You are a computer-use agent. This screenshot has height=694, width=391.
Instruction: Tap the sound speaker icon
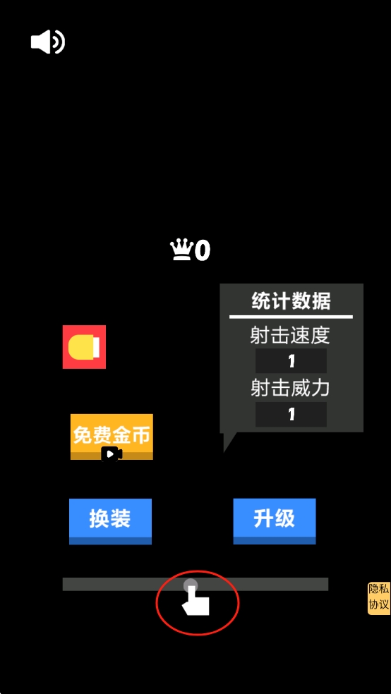(x=48, y=42)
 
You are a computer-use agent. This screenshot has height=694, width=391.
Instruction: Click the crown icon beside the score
(x=182, y=250)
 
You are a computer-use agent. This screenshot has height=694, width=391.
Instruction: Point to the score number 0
(x=203, y=251)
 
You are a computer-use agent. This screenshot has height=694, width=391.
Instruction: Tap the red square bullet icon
(x=84, y=346)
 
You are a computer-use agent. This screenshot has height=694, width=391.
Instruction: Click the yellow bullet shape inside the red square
(x=84, y=347)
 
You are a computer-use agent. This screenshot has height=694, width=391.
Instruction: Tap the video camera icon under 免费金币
(x=112, y=454)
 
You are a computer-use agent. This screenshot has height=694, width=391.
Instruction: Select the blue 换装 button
(x=110, y=521)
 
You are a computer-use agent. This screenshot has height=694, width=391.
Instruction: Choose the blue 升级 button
(x=275, y=521)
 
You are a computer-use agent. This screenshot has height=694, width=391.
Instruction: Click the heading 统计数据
(x=291, y=302)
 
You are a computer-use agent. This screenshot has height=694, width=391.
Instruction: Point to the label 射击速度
(x=290, y=336)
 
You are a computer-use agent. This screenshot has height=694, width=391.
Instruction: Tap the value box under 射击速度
(x=291, y=361)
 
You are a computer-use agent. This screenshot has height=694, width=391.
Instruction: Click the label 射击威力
(x=290, y=389)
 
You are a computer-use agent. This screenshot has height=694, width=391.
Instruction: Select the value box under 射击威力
(x=291, y=414)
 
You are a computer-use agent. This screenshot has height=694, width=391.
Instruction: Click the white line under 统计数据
(x=291, y=317)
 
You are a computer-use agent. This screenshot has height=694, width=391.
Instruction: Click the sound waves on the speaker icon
(x=59, y=42)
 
